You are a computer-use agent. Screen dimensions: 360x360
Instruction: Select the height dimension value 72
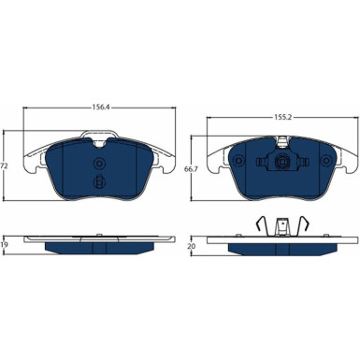[x=5, y=166]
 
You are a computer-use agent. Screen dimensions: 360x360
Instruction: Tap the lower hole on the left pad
[x=98, y=180]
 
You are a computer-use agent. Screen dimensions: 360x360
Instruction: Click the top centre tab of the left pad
[x=97, y=140]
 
